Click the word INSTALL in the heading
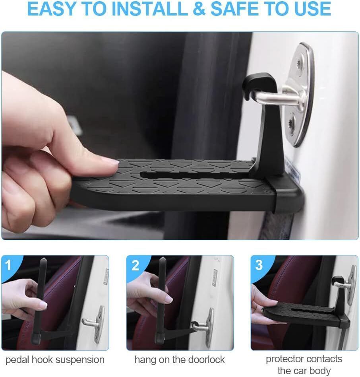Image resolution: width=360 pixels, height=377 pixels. (150, 9)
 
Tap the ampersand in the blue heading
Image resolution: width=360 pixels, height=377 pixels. (199, 9)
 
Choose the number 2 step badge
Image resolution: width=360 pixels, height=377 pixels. (135, 265)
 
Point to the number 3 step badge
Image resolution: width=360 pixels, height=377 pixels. (259, 265)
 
